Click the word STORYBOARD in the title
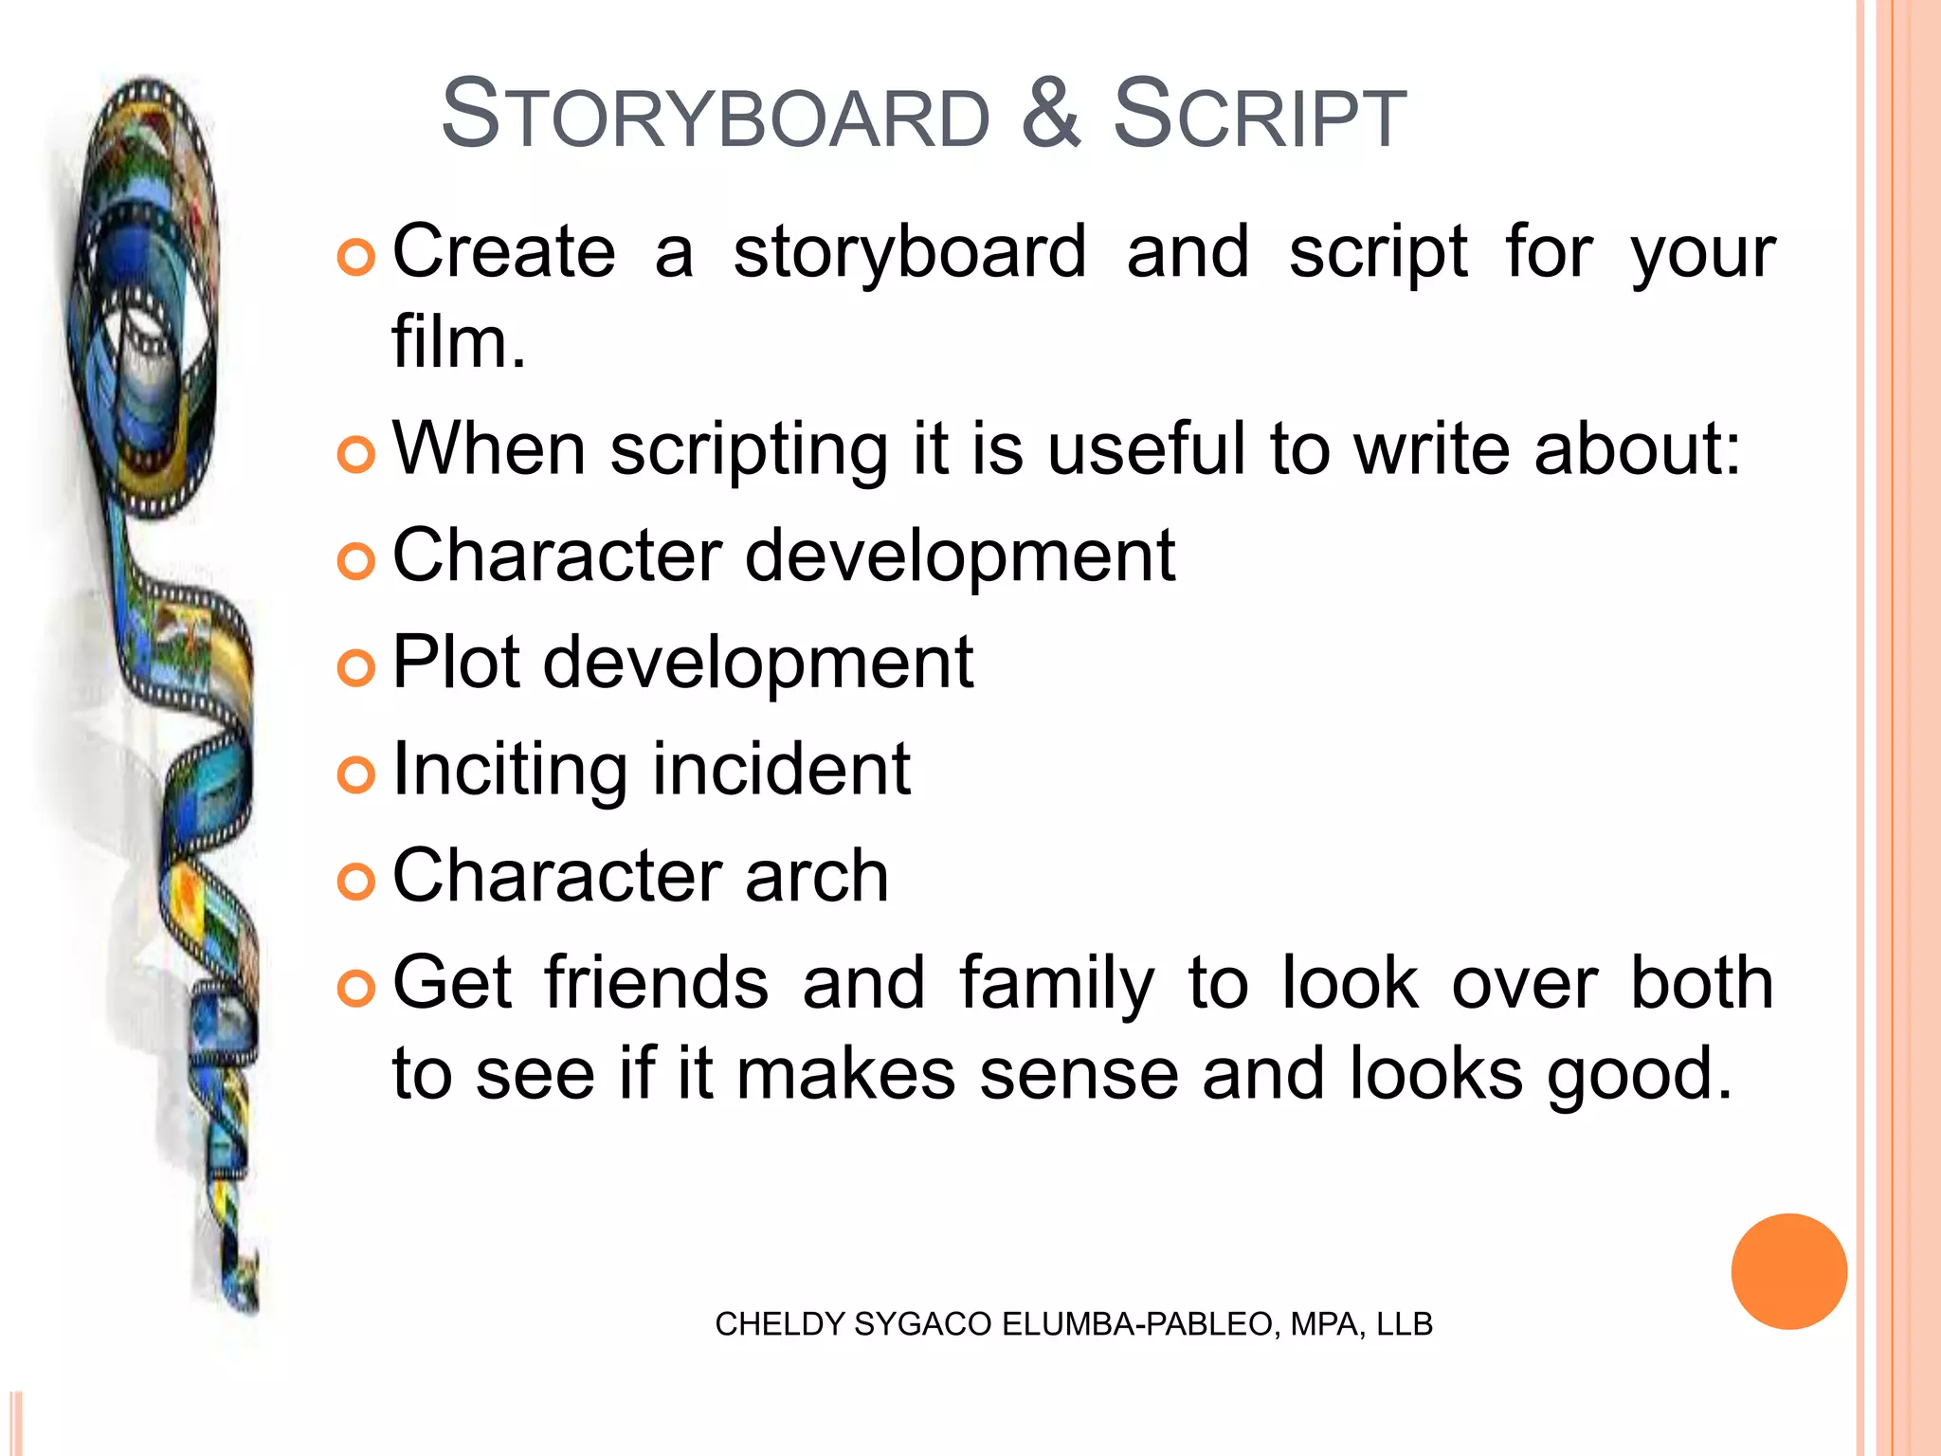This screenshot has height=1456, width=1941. pos(716,116)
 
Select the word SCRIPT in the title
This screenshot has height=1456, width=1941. pos(1260,116)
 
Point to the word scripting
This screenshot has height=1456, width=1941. pos(749,450)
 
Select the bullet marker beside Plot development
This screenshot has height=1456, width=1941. pos(356,668)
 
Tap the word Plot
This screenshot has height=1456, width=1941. pos(456,662)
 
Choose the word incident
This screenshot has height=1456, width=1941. pos(781,768)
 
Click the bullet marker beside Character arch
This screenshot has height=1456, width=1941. pos(356,882)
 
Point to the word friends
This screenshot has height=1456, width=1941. pos(656,982)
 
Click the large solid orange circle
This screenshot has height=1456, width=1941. pos(1788,1271)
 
